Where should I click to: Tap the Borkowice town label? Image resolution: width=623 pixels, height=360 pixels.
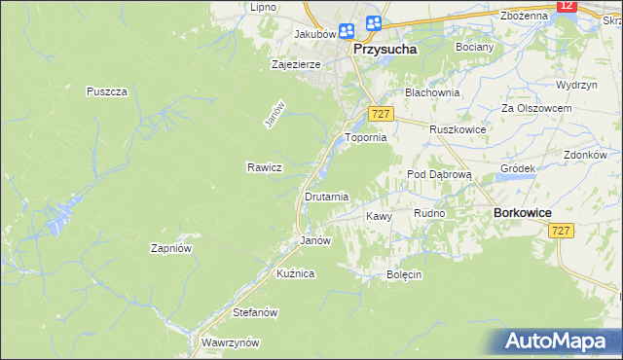(524, 211)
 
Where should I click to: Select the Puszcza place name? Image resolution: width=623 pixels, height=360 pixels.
(107, 90)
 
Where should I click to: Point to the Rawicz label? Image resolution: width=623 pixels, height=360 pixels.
(264, 167)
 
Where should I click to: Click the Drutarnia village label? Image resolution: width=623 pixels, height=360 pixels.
(327, 197)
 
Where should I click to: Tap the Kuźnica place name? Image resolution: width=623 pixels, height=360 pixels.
(295, 273)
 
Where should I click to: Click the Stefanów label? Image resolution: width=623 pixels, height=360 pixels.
(257, 312)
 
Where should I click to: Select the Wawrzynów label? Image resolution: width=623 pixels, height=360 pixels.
(230, 342)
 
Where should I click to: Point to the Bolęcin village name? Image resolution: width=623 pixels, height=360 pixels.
(403, 274)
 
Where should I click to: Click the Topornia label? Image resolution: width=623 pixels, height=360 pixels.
(367, 138)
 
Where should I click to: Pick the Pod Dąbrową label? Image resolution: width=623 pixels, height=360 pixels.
(438, 174)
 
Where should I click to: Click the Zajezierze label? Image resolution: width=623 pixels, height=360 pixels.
(296, 64)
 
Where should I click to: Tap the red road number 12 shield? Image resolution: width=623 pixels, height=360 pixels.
(568, 6)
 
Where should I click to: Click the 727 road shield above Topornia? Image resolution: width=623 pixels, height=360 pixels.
(381, 115)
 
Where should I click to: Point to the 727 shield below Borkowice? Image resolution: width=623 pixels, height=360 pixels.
(560, 231)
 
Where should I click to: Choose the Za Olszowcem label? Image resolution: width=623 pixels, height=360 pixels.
(535, 107)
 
